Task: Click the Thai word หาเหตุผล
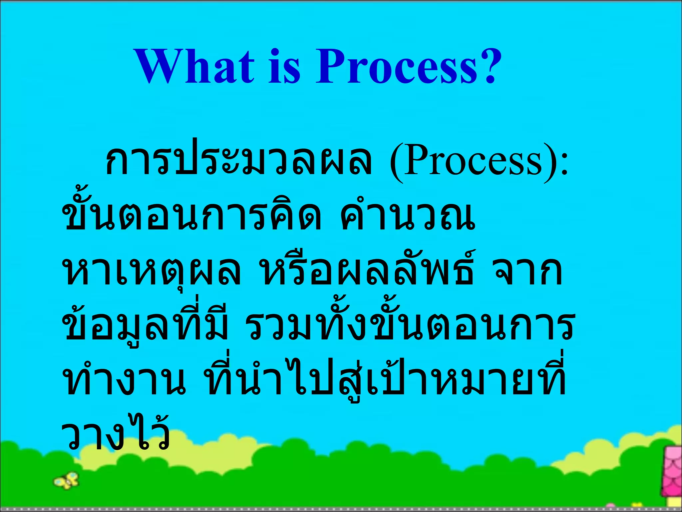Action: tap(152, 272)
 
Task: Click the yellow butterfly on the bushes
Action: tap(67, 481)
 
